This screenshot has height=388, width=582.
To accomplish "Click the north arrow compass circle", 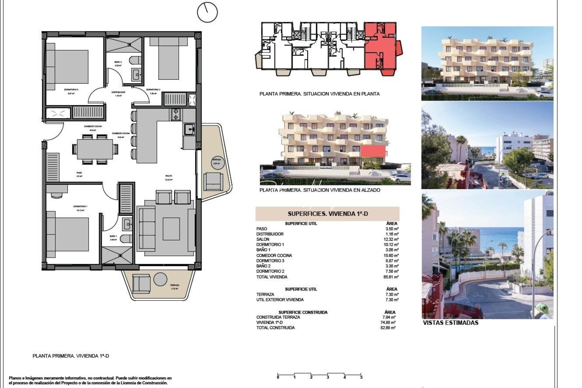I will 207,12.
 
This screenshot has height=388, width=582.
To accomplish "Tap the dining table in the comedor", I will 95,149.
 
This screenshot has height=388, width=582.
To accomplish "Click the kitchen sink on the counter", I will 189,129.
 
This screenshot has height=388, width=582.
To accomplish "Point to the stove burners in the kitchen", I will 176,114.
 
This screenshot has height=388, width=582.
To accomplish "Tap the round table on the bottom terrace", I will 160,279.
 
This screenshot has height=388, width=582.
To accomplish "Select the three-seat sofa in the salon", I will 146,230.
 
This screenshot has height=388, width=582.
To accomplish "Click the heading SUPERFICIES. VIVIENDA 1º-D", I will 328,214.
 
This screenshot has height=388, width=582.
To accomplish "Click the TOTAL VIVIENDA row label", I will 272,277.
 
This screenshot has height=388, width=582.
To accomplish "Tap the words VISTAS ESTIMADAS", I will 451,323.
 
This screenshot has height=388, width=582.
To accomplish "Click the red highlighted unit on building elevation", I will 373,151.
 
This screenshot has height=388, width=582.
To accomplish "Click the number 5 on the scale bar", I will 361,377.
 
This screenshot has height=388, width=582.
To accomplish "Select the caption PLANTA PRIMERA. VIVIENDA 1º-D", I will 71,356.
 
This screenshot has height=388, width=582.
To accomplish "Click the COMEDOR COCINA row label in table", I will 274,255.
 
